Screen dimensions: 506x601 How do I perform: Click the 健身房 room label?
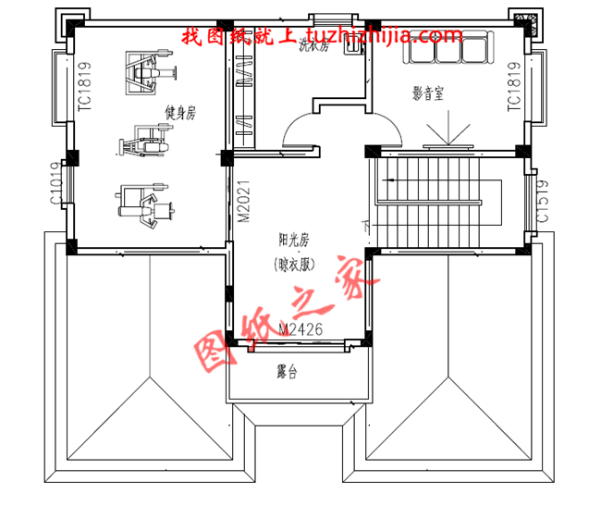coord(180,113)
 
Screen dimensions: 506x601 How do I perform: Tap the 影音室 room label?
coord(429,93)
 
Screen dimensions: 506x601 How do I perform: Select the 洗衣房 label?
coord(313,48)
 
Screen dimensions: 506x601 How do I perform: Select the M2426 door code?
coord(300,330)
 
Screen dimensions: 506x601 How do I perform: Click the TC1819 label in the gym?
coord(85,88)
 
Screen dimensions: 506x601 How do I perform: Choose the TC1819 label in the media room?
coord(514,88)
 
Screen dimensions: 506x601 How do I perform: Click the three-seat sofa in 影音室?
coord(448,47)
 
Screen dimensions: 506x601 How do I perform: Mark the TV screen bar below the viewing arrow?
coord(447,147)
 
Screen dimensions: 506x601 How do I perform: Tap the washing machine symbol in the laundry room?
coord(352,48)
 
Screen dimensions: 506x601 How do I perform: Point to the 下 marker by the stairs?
coord(366,226)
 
